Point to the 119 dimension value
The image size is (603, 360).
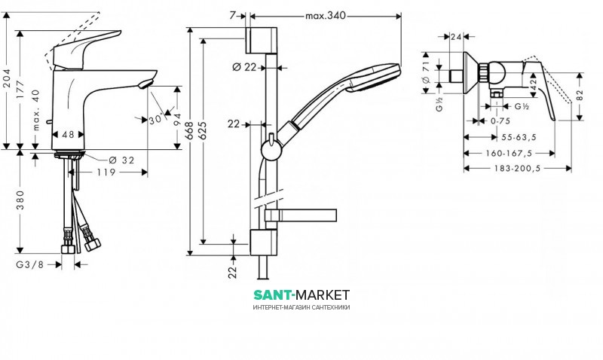coord(106,172)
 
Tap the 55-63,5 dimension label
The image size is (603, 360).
coord(516,137)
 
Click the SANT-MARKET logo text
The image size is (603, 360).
coord(301,294)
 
